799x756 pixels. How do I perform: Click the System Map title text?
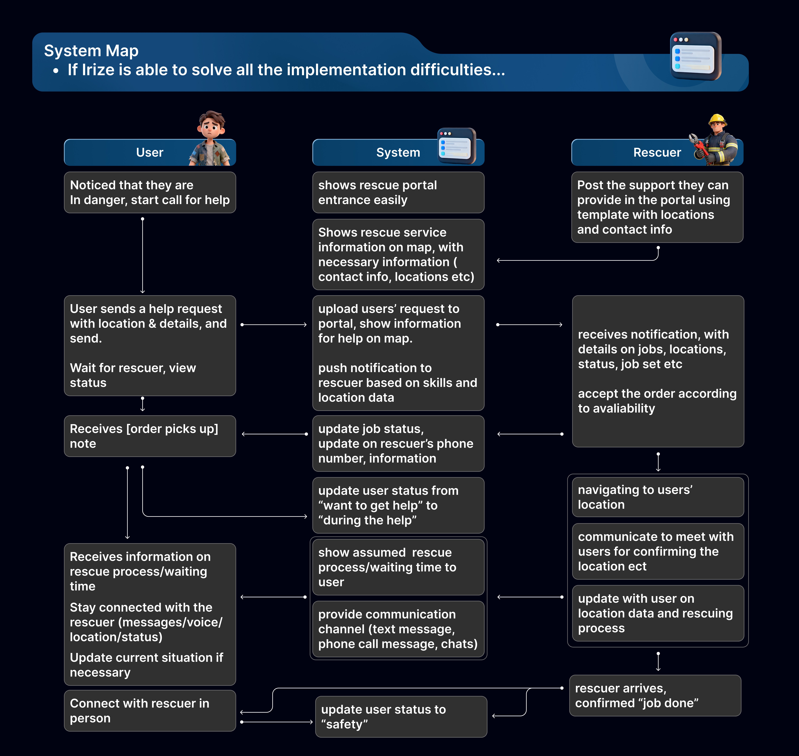coord(91,51)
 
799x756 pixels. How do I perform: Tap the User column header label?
coord(150,152)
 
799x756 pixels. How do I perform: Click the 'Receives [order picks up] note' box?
coord(150,436)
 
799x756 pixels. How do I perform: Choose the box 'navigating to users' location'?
coord(658,497)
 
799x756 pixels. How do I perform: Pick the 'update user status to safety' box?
coord(401,717)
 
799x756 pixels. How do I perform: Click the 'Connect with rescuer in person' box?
coord(150,710)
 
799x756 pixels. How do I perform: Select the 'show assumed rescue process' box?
coord(398,567)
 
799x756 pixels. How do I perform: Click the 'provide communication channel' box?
coord(398,629)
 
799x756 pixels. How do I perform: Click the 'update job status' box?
coord(398,443)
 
